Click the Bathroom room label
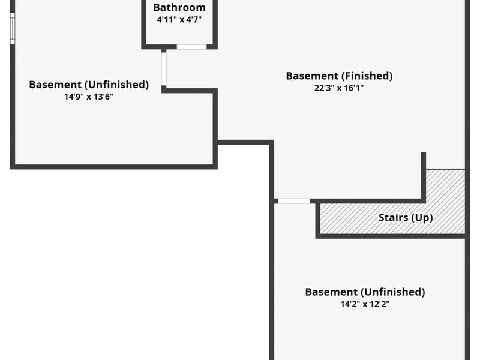pos(179,8)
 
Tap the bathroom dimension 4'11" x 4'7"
pos(179,20)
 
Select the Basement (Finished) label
pos(339,76)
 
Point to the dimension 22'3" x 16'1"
pos(339,88)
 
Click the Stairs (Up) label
pos(405,218)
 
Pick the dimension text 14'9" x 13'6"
pos(89,96)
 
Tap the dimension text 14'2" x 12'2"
pos(365,304)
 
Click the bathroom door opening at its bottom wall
pos(191,46)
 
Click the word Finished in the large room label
pos(367,76)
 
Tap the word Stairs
pos(392,218)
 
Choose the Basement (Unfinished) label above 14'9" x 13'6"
pos(89,85)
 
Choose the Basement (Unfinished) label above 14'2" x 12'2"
pos(365,292)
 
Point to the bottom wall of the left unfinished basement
pos(114,166)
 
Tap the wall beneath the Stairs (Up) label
pos(390,236)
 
